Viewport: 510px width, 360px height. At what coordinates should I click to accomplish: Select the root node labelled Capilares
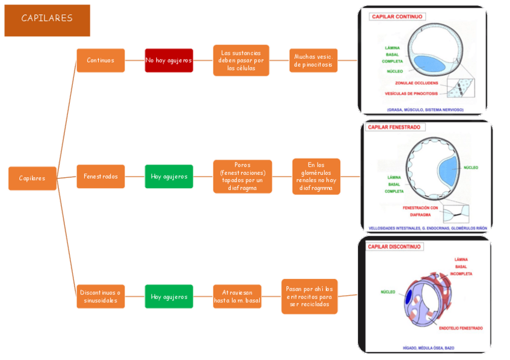point(32,178)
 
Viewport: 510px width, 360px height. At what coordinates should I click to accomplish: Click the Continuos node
point(100,60)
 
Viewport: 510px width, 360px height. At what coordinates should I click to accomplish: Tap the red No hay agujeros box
point(169,60)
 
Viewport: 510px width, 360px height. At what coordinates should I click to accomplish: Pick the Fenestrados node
point(100,177)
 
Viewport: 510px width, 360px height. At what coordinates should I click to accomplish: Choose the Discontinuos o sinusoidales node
point(100,296)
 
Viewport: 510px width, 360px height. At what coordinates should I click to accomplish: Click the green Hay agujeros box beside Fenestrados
point(169,177)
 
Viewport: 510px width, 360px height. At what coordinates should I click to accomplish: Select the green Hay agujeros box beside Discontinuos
point(169,296)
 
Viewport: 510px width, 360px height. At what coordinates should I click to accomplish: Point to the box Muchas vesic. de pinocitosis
point(313,60)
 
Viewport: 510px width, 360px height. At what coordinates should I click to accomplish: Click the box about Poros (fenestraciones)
point(242,177)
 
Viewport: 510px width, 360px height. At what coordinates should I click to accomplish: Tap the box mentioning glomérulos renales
point(316,177)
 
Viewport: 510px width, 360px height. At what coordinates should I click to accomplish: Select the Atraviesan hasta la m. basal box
point(238,296)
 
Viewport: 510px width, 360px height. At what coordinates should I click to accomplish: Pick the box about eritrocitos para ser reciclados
point(309,296)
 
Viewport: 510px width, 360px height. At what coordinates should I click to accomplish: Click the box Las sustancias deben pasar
point(241,60)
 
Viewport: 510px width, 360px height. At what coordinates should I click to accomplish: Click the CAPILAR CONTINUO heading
point(397,17)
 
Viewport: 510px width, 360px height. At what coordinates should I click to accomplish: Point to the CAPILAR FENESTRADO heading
point(394,127)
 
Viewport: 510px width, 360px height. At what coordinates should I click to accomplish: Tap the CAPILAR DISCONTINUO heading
point(395,246)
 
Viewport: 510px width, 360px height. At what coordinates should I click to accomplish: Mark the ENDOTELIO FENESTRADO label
point(461,328)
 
